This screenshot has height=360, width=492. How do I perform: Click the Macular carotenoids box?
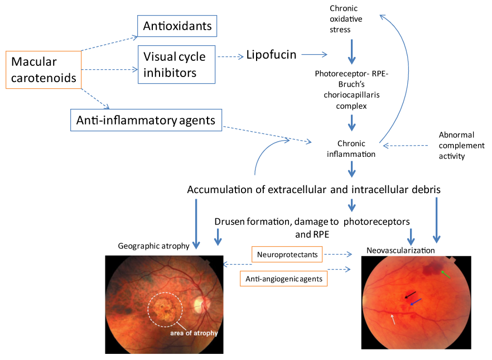[44, 70]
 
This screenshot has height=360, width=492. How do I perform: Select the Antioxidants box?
[177, 26]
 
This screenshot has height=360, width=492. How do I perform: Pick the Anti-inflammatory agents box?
[146, 119]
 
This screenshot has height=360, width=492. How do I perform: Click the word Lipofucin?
[271, 55]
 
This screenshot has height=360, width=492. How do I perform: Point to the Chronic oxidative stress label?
[344, 19]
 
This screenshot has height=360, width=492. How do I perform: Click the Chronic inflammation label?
[351, 149]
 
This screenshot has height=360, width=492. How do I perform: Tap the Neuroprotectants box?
[288, 255]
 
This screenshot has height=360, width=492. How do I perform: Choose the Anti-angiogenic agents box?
[283, 277]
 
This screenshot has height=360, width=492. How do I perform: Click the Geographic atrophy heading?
[153, 246]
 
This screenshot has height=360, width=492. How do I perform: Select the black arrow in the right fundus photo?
[410, 294]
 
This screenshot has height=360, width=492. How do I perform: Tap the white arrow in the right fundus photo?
[394, 319]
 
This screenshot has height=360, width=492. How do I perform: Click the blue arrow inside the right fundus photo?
[416, 302]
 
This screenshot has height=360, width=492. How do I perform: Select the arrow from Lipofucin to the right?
[313, 55]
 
